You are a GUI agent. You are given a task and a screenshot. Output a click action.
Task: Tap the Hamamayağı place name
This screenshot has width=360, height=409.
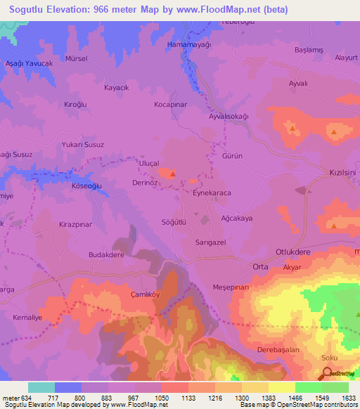click(188, 44)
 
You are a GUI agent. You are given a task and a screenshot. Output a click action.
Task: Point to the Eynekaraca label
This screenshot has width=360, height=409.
click(212, 192)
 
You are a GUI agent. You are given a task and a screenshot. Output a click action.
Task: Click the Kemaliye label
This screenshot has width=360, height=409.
click(28, 318)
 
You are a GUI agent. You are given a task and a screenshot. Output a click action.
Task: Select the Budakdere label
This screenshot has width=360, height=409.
click(106, 255)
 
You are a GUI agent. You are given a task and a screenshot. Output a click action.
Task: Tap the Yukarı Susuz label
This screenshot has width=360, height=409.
click(84, 145)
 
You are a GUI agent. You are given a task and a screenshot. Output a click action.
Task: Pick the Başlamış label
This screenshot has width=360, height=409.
click(308, 50)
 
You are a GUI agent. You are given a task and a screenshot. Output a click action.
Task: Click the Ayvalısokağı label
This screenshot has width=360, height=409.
click(229, 116)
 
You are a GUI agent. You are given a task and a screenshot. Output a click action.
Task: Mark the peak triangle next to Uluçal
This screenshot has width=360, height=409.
click(172, 174)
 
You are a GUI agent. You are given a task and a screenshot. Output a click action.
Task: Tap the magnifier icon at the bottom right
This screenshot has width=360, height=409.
click(324, 375)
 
